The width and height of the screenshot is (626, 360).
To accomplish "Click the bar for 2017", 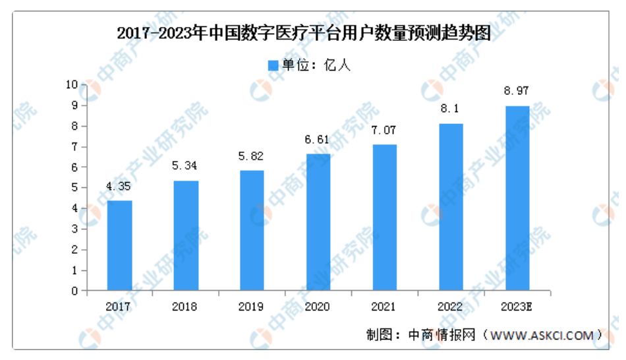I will [x=119, y=245].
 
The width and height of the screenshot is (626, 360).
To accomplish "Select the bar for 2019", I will [x=252, y=230].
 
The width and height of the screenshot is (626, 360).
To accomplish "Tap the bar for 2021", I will [x=384, y=217].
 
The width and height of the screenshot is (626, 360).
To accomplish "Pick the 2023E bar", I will [x=517, y=198].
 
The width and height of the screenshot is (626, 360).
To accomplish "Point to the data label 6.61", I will [x=318, y=140].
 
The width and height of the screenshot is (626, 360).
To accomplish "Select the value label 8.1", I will [x=450, y=109].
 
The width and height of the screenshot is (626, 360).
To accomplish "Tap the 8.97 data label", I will [x=517, y=91].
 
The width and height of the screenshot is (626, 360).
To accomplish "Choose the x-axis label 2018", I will [x=185, y=307].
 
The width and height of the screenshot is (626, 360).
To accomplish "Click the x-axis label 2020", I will [x=318, y=307].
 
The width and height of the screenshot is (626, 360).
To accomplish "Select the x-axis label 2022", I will [x=450, y=307].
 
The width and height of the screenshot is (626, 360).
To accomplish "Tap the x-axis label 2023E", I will [x=517, y=307].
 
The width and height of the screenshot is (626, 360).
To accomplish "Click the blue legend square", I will [x=273, y=65].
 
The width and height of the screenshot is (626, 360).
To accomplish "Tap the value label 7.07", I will [x=384, y=130].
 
